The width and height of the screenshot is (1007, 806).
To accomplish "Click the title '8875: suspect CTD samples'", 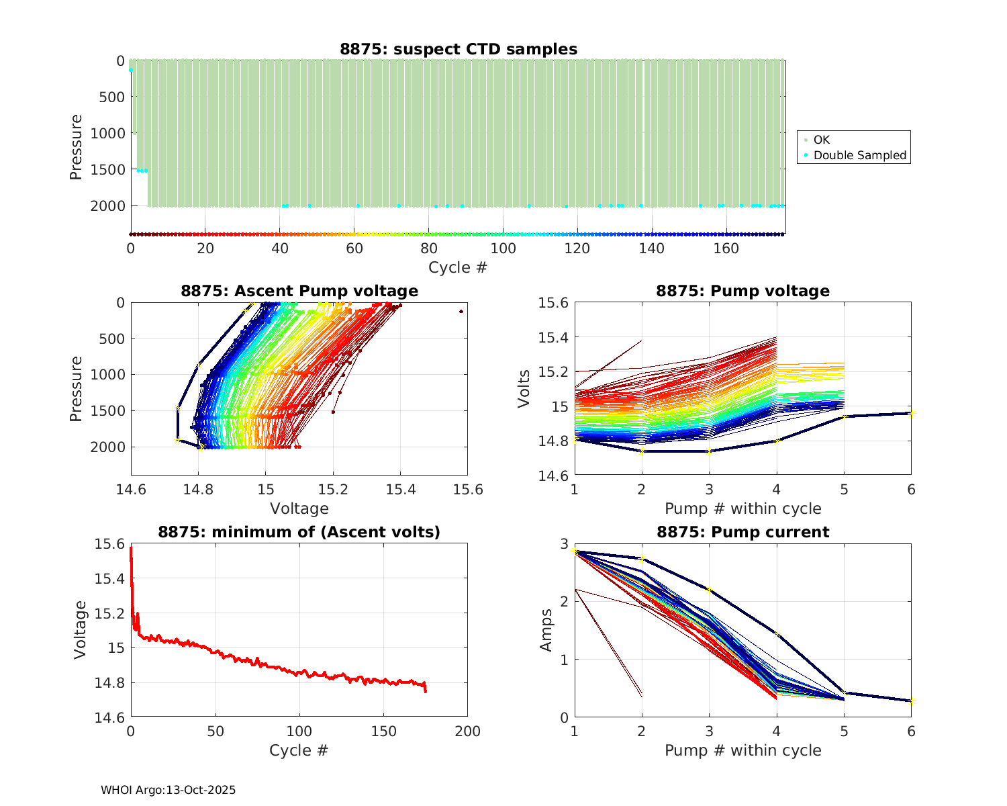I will (458, 49).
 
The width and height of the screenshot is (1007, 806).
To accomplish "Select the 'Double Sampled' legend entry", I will (860, 155).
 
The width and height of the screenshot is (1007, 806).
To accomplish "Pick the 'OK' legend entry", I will (822, 140).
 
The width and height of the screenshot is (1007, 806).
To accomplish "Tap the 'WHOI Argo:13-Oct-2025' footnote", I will (169, 791).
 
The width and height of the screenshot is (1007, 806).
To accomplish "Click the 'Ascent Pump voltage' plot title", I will (299, 291).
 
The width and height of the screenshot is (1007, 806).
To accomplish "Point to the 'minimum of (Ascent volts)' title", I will (299, 532).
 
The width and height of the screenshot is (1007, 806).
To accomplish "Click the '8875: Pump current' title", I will (742, 532).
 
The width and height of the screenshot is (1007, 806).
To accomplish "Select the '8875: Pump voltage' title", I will (742, 291).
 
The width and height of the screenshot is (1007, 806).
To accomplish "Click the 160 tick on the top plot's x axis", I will (726, 249).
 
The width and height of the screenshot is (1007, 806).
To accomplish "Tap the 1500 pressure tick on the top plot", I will (107, 169).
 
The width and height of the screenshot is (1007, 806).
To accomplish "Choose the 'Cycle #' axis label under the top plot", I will (458, 267).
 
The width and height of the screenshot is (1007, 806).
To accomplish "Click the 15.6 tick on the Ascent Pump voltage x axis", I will (467, 490).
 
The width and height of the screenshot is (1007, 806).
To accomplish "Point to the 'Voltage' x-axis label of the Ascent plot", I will (299, 508).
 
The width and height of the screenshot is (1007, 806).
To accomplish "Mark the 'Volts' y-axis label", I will (524, 389).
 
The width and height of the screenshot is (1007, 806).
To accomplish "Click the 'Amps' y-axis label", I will (547, 630).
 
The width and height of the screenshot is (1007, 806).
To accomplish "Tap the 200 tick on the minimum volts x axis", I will (467, 731).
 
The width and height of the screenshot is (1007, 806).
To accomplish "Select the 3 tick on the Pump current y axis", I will (565, 543).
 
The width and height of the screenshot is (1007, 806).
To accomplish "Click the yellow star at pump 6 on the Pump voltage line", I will (911, 413).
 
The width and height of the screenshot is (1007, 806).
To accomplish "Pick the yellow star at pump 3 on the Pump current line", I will (709, 590).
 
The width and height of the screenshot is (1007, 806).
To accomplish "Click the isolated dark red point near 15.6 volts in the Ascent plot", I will (461, 312).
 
